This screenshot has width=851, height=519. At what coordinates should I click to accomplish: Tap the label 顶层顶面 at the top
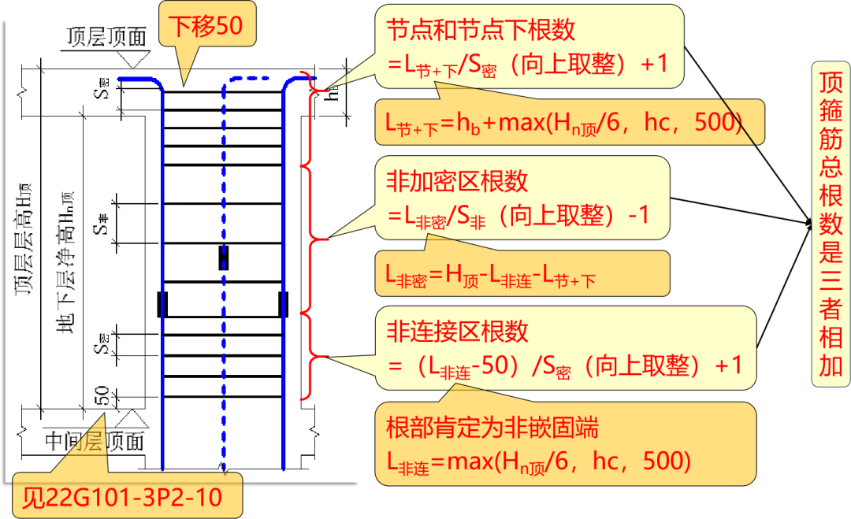[106, 35]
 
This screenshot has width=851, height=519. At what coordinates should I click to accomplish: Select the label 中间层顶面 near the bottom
[95, 442]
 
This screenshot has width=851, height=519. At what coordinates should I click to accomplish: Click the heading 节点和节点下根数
[481, 30]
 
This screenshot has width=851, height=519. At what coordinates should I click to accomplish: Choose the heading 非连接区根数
[457, 332]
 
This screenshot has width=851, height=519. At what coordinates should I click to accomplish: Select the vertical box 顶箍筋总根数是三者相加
[831, 225]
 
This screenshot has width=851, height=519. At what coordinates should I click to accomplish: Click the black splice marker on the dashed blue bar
[224, 258]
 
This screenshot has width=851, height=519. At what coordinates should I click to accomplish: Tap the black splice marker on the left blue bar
[162, 304]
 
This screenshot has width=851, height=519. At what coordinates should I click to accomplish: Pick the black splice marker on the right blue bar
[283, 304]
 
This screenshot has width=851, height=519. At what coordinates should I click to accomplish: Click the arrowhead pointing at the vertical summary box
[808, 224]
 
